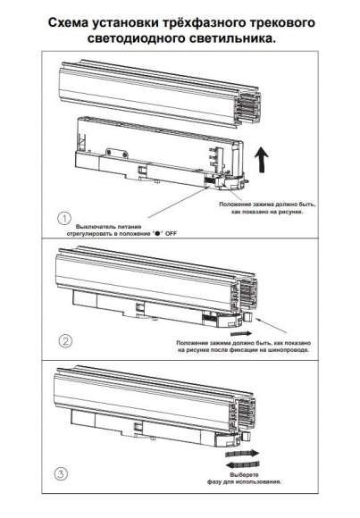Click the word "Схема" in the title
pyautogui.click(x=69, y=23)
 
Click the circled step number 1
pyautogui.click(x=64, y=218)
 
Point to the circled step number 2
pyautogui.click(x=65, y=341)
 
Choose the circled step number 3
pyautogui.click(x=61, y=474)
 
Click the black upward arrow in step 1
pyautogui.click(x=262, y=160)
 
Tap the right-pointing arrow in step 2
pyautogui.click(x=241, y=333)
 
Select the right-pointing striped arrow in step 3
pyautogui.click(x=242, y=454)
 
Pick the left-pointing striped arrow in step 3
pyautogui.click(x=242, y=464)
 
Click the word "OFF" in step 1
pyautogui.click(x=171, y=234)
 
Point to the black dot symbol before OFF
pyautogui.click(x=157, y=234)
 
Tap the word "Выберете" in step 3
pyautogui.click(x=244, y=475)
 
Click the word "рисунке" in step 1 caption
pyautogui.click(x=290, y=212)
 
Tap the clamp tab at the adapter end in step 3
pyautogui.click(x=246, y=437)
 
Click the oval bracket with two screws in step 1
pyautogui.click(x=117, y=154)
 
